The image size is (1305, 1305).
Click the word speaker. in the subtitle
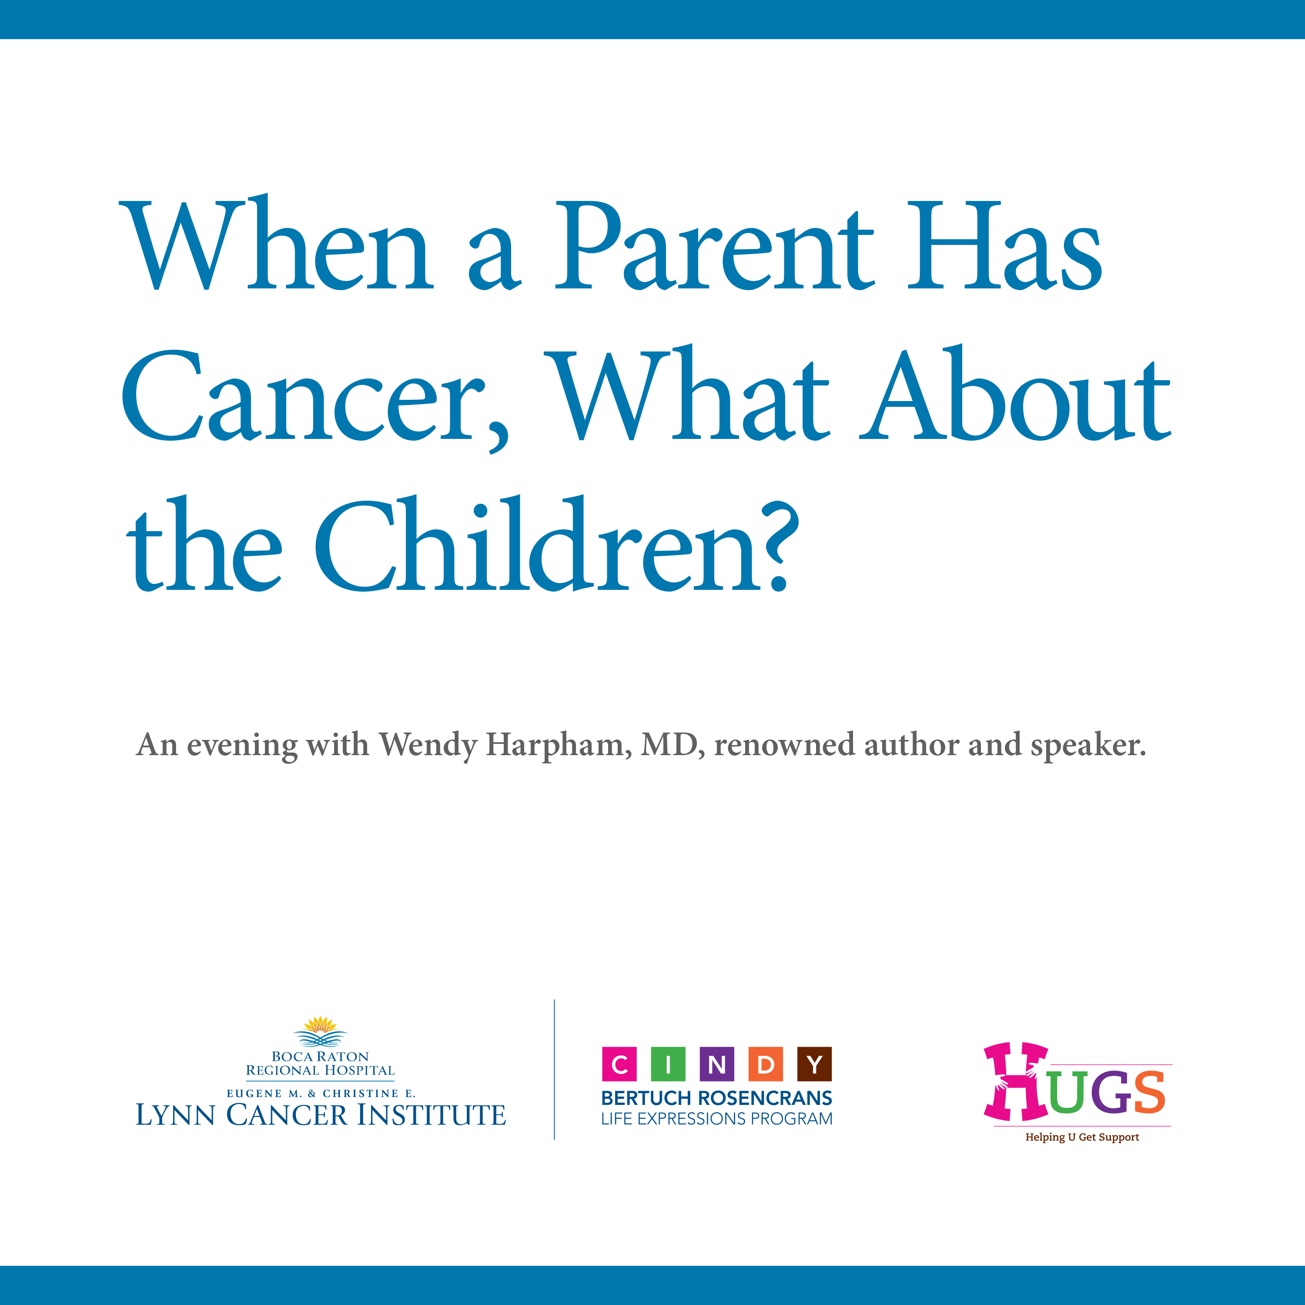pyautogui.click(x=1088, y=746)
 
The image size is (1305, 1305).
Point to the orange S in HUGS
pyautogui.click(x=1148, y=1091)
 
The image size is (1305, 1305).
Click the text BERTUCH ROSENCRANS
pyautogui.click(x=717, y=1098)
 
